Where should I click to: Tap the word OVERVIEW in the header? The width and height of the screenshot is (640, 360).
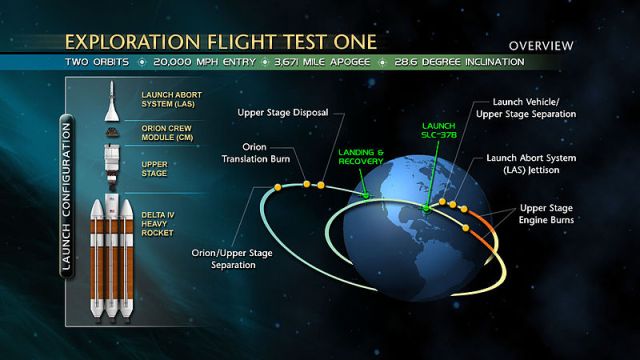541,46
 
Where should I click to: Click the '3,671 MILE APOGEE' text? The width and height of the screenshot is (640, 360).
313,62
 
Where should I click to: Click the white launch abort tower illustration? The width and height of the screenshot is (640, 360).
109,99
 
